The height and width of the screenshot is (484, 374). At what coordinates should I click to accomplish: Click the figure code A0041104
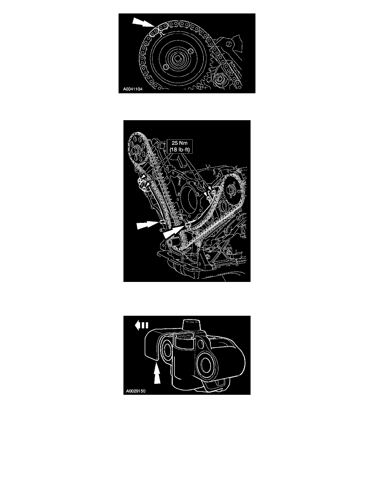pyautogui.click(x=133, y=89)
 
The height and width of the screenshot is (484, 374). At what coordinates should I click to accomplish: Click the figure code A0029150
pyautogui.click(x=136, y=391)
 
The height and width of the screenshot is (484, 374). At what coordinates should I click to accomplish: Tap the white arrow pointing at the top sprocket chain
pyautogui.click(x=143, y=22)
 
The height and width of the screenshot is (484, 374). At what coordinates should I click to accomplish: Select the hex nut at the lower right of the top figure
pyautogui.click(x=220, y=79)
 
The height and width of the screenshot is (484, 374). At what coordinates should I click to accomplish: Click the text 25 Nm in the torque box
pyautogui.click(x=180, y=143)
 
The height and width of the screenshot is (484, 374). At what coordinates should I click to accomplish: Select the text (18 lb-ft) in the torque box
pyautogui.click(x=180, y=150)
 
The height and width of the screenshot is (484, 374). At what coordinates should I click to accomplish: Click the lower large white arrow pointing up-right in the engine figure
pyautogui.click(x=175, y=231)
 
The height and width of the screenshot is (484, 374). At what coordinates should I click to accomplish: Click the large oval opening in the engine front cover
pyautogui.click(x=188, y=202)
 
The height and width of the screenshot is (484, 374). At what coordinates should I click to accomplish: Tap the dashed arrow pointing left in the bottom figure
pyautogui.click(x=142, y=325)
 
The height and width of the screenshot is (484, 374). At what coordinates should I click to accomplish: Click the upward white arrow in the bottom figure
pyautogui.click(x=157, y=374)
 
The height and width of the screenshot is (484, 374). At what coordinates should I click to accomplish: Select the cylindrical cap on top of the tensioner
pyautogui.click(x=192, y=326)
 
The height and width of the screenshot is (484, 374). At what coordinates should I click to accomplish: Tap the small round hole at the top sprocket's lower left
pyautogui.click(x=166, y=68)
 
